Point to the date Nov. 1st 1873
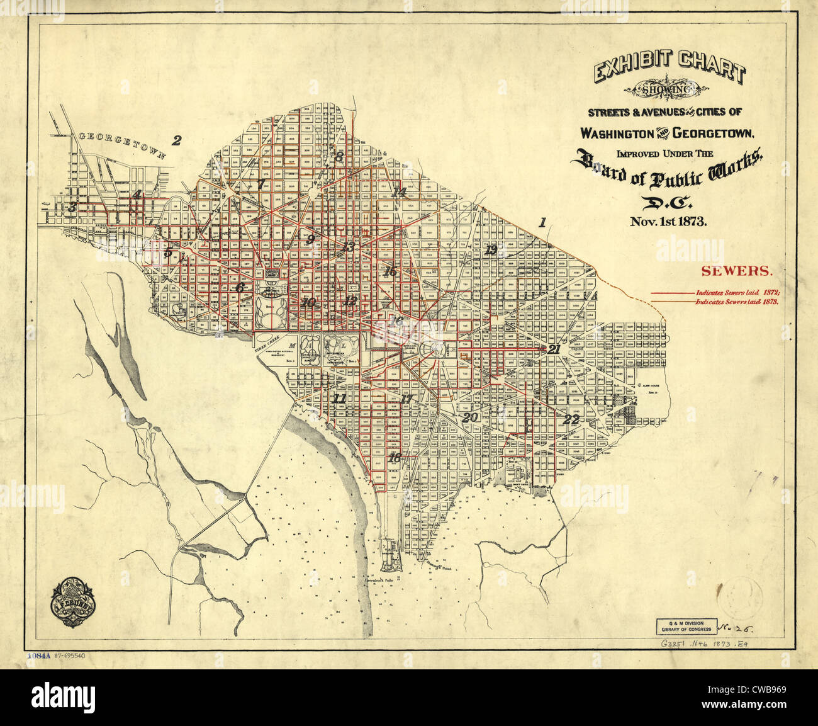669,222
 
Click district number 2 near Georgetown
177,140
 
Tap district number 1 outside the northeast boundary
542,222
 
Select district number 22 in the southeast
571,419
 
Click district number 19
491,250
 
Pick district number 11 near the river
339,399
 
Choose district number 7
261,184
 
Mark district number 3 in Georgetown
73,207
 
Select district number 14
398,192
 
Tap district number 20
469,417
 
